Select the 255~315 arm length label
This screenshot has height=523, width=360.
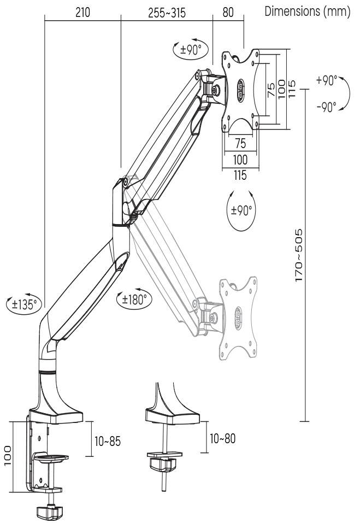[x=167, y=13]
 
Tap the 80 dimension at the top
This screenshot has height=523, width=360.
[x=228, y=13]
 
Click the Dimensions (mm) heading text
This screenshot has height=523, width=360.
[x=307, y=12]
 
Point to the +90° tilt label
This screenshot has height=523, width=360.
[x=327, y=80]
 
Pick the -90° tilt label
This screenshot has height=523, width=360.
[x=327, y=107]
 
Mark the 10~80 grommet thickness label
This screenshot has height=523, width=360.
[x=223, y=438]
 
